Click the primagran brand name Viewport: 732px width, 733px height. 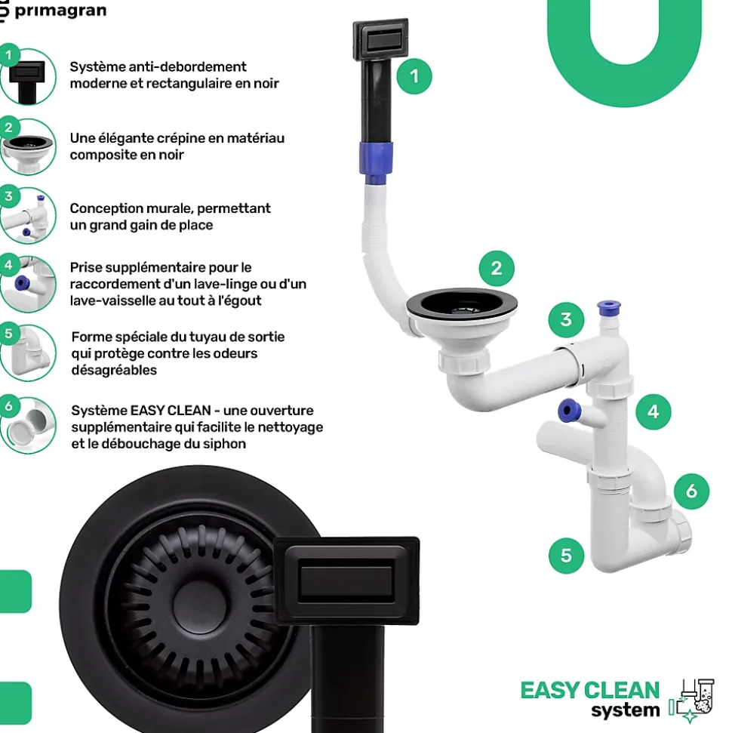click(60, 11)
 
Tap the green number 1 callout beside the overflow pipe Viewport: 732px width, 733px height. click(414, 76)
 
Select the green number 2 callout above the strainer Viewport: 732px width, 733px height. click(497, 268)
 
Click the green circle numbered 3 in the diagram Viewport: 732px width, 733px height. click(566, 320)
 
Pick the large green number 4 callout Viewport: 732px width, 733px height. click(654, 412)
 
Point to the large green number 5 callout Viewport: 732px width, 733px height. click(566, 556)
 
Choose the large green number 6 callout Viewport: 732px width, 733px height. click(691, 491)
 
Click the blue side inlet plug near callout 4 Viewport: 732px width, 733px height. click(569, 411)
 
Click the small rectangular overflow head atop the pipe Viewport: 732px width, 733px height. click(380, 40)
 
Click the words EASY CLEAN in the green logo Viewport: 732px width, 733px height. click(590, 691)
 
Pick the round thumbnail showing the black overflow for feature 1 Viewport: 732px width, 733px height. click(28, 77)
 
